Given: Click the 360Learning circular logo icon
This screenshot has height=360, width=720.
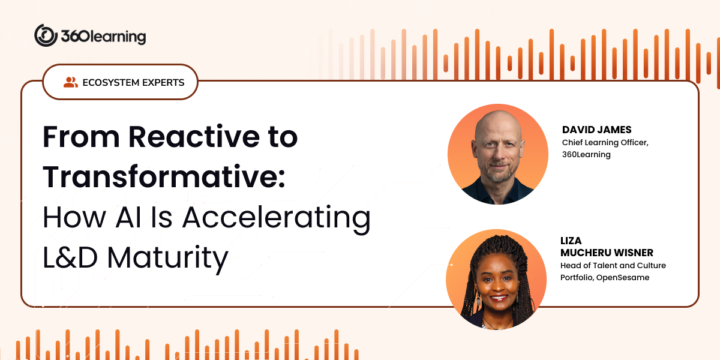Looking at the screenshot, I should [46, 35].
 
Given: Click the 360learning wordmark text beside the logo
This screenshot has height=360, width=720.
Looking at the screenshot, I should [103, 37].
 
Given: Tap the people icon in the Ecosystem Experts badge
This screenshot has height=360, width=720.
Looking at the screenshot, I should [70, 82].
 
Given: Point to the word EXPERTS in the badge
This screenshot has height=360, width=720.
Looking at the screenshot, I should [163, 82].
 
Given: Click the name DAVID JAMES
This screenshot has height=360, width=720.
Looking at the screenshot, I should [596, 130].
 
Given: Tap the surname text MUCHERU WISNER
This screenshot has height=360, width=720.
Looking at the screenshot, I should [607, 253].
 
